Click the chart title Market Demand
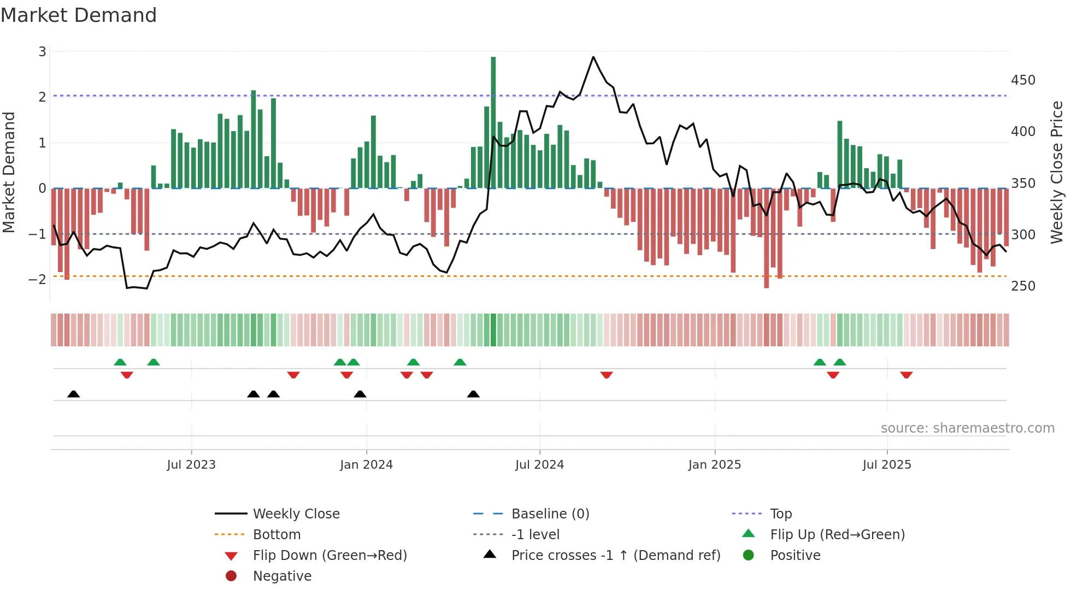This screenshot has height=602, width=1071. (x=79, y=15)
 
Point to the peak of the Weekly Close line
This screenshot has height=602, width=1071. (x=593, y=57)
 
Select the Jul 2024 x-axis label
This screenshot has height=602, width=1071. (x=539, y=465)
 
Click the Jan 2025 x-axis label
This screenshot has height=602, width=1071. (x=714, y=465)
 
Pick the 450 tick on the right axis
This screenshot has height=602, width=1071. (x=1023, y=80)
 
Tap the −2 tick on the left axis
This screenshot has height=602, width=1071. (x=37, y=280)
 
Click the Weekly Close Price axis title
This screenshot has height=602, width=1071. (x=1057, y=172)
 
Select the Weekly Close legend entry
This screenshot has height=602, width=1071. (x=296, y=514)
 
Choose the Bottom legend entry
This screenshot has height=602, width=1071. (x=276, y=535)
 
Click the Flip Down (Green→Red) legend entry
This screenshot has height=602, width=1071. (x=329, y=556)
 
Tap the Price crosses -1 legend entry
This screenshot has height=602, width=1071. (x=615, y=556)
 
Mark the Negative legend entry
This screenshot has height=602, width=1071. (x=282, y=576)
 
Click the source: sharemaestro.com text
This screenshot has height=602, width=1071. (x=967, y=428)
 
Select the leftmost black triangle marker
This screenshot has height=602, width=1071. (x=73, y=394)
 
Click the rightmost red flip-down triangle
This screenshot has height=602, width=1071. (x=907, y=375)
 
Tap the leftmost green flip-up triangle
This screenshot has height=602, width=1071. (x=120, y=362)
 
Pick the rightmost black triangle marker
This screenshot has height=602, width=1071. (x=473, y=394)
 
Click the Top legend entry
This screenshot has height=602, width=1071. (x=780, y=514)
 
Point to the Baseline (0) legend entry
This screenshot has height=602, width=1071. (x=550, y=514)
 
